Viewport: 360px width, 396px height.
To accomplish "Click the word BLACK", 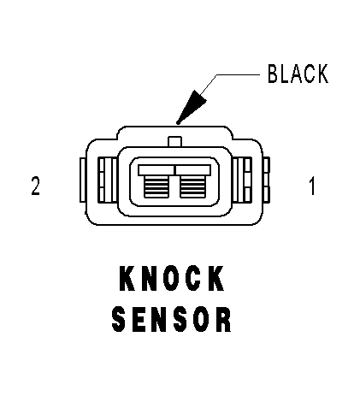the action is [x=298, y=74].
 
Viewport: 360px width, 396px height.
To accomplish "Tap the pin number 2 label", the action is [x=36, y=186].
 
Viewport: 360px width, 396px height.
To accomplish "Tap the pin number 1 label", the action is [x=312, y=186].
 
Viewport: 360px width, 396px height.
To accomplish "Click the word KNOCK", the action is [x=172, y=279].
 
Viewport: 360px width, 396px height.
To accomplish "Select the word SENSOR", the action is [x=172, y=319].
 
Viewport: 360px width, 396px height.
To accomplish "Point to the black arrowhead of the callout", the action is [x=191, y=108].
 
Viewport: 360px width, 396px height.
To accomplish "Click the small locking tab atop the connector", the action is [x=174, y=142].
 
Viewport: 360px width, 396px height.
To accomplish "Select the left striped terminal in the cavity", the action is [x=156, y=186].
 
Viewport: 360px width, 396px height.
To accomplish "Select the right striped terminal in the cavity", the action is [x=192, y=186].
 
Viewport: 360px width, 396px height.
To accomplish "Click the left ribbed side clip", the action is [x=108, y=180].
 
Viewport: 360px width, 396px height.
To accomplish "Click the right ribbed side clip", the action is [x=242, y=180].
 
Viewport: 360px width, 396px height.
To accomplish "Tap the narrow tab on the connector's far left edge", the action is [x=83, y=180].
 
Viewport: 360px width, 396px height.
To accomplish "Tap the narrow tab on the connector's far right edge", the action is [x=267, y=180].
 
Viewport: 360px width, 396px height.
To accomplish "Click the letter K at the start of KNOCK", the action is [x=127, y=279].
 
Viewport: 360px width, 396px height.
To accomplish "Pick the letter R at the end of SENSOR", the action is [x=224, y=319].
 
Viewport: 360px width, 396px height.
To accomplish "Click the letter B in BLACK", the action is [x=273, y=74].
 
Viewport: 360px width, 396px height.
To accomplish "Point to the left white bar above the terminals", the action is [x=156, y=170].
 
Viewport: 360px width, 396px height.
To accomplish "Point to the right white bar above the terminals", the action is [x=193, y=170].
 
